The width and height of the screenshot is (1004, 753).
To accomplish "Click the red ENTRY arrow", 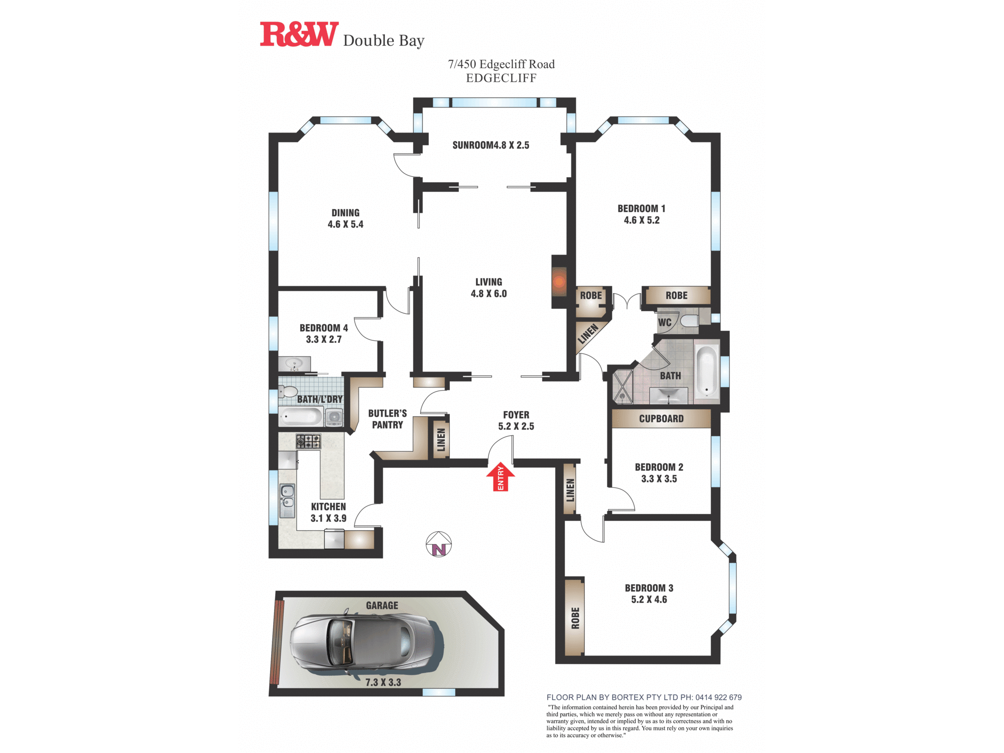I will tap(500, 477).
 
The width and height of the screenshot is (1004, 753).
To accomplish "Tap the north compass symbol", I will tap(439, 545).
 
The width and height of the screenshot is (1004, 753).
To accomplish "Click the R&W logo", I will tap(299, 35).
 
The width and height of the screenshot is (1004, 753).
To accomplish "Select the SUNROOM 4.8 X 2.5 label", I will tap(490, 145).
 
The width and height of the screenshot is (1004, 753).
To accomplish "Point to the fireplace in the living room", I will tap(559, 282).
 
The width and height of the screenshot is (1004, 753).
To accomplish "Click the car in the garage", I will tap(361, 643).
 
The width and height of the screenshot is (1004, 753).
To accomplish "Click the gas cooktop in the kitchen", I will tap(308, 441).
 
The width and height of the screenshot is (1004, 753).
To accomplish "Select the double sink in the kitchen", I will tap(287, 500).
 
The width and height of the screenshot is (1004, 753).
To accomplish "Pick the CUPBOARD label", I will tap(661, 419).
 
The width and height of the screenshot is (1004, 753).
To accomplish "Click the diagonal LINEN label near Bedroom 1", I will tap(588, 334).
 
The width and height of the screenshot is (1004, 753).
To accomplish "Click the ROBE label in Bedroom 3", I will tap(575, 618).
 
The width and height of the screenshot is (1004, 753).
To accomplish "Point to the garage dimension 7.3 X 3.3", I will tap(383, 682).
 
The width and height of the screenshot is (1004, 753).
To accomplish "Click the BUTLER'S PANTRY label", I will tap(387, 419).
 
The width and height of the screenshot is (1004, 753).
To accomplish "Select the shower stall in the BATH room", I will tap(622, 387).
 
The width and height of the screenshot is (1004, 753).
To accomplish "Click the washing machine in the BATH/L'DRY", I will tap(334, 417).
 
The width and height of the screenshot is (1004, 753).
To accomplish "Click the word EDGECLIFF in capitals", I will tap(501, 78).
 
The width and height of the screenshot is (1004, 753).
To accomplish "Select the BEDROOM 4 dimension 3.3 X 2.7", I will tap(324, 339).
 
